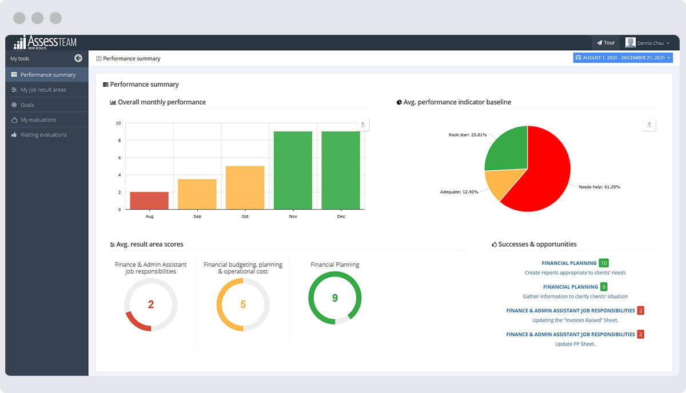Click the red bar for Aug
pos(149,200)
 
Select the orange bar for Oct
pos(245,187)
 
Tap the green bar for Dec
pos(341,170)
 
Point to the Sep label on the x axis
pos(197,216)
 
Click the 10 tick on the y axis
pos(118,123)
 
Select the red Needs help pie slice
pos(543,171)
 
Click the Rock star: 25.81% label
pos(467,135)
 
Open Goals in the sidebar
pos(27,105)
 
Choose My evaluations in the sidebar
pos(38,120)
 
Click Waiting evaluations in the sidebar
pos(43,135)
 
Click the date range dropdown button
pos(623,58)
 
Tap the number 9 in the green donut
pos(335,298)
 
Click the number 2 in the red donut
pos(151,304)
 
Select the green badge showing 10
pos(604,263)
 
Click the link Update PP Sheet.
pos(575,344)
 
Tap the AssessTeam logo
pos(45,42)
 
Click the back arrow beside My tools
pos(78,58)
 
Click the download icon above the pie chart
pos(649,125)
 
